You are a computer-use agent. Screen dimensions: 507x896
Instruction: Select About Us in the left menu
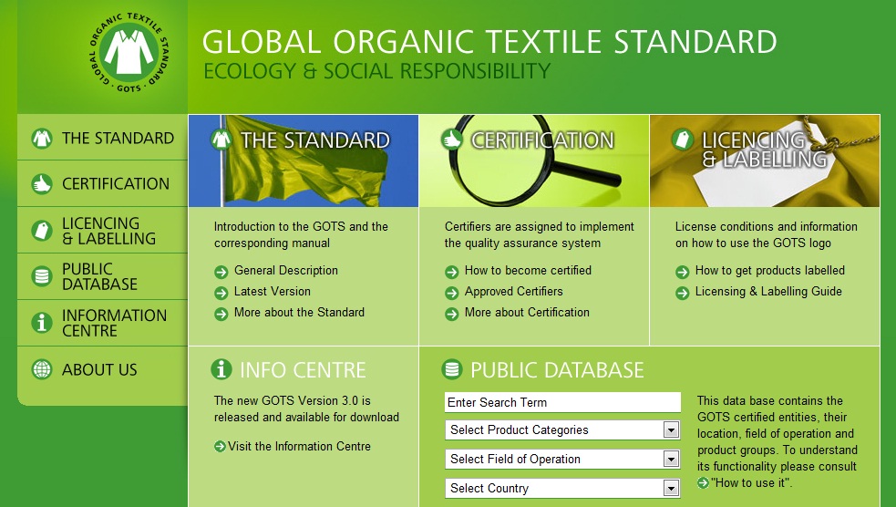tap(98, 369)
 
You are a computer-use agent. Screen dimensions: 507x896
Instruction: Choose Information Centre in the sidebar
tap(113, 323)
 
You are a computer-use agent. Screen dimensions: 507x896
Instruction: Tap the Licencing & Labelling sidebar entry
tap(108, 231)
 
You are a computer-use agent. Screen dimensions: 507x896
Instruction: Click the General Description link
tap(285, 271)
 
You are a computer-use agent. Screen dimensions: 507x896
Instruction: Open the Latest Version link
tap(272, 292)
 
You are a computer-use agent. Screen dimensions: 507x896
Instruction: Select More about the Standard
tap(299, 313)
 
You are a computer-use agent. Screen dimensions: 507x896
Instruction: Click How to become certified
tap(528, 271)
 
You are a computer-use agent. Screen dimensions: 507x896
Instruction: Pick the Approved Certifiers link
tap(513, 292)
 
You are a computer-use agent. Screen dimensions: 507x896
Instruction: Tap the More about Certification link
tap(527, 313)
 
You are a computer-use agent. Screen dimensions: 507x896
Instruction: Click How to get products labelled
tap(769, 271)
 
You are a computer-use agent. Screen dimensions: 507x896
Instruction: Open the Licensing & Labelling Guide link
tap(768, 292)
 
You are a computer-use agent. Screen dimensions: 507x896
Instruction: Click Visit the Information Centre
tap(299, 447)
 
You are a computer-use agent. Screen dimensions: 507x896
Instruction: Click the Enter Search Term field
tap(562, 402)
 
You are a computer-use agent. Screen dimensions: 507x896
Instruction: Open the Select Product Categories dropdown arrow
tap(671, 430)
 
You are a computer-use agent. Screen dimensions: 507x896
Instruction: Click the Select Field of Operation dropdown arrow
tap(671, 460)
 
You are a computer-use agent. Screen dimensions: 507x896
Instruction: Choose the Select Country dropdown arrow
tap(671, 489)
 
